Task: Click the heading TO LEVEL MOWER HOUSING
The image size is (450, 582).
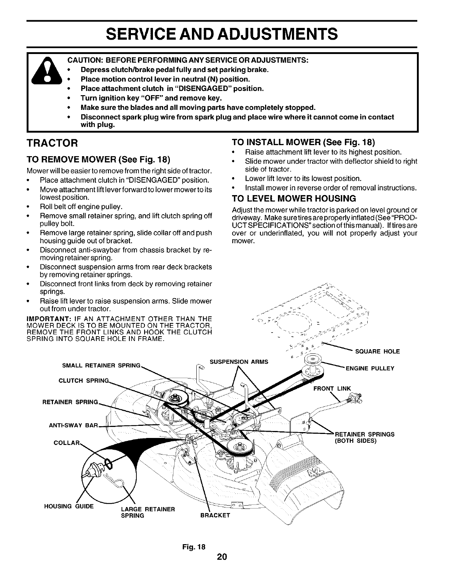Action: point(294,199)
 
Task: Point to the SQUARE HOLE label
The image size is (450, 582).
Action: point(377,352)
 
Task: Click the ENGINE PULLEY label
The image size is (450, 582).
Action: point(370,369)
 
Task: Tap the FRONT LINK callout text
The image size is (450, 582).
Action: point(332,388)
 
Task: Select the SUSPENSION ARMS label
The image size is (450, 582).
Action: point(239,362)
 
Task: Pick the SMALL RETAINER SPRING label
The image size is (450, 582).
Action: point(101,366)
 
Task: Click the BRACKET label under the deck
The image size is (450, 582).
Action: point(215,515)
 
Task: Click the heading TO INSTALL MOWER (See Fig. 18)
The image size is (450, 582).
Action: point(303,142)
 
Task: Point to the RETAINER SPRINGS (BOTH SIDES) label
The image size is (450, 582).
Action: point(364,437)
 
